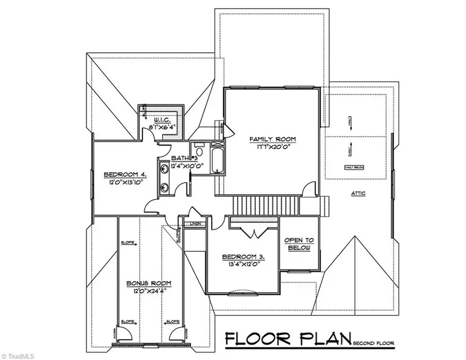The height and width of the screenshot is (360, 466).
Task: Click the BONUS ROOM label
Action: pos(150,283)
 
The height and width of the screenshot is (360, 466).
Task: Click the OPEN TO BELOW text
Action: pos(299,244)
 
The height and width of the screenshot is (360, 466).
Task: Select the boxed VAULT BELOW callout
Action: pos(356,167)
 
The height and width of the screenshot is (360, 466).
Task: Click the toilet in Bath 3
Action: pos(200,147)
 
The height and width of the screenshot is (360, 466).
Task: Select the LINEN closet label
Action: pos(196,224)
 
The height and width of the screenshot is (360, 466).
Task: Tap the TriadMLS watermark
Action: pos(16,355)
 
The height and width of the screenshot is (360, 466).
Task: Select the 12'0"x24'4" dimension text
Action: pos(150,292)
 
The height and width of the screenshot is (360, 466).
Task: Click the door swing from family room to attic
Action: pos(309,189)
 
